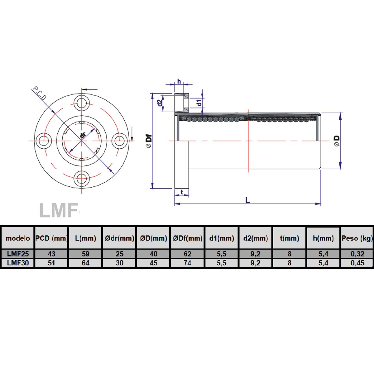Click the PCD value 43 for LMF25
click(51, 254)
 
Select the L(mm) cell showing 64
click(85, 263)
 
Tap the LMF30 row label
click(18, 263)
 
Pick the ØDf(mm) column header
click(188, 238)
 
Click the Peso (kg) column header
click(357, 238)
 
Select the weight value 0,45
click(357, 263)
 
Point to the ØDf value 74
click(188, 263)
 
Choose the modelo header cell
click(18, 238)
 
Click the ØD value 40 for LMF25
click(153, 254)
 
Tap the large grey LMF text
click(58, 210)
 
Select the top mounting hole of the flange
click(82, 103)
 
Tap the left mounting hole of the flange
click(43, 141)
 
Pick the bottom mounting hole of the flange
click(82, 179)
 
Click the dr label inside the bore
click(83, 135)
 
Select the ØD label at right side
click(336, 141)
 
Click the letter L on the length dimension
click(247, 200)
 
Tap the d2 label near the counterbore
click(160, 103)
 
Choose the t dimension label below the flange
click(182, 192)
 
